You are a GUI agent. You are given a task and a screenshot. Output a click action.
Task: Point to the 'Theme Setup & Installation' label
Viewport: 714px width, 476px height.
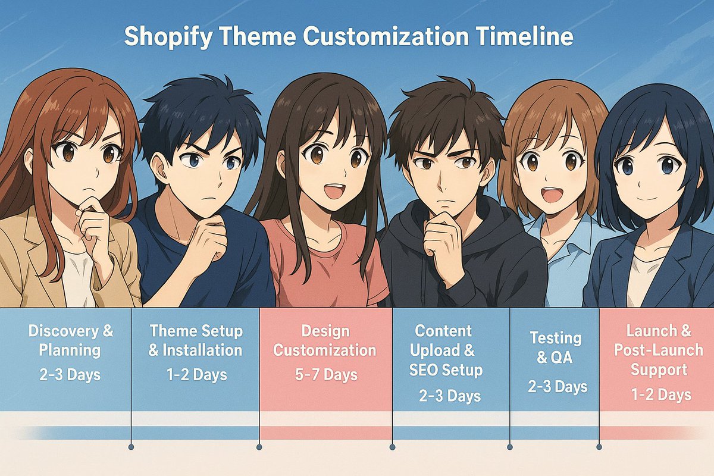pos(195,340)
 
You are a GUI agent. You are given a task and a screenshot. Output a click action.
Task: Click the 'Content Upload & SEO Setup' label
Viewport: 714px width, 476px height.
pos(445,350)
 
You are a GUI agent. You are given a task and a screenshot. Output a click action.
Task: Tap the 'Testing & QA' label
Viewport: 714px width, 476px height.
pos(555,348)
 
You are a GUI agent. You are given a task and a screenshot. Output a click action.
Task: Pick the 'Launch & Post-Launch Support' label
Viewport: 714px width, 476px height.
pos(658,350)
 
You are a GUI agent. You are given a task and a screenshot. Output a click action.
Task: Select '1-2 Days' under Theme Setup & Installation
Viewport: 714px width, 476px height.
pos(196,374)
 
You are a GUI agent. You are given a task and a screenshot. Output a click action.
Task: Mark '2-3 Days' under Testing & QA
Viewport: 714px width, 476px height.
pos(557,387)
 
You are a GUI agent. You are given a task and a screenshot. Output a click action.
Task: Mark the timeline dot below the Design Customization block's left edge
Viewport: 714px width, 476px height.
pos(259,447)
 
